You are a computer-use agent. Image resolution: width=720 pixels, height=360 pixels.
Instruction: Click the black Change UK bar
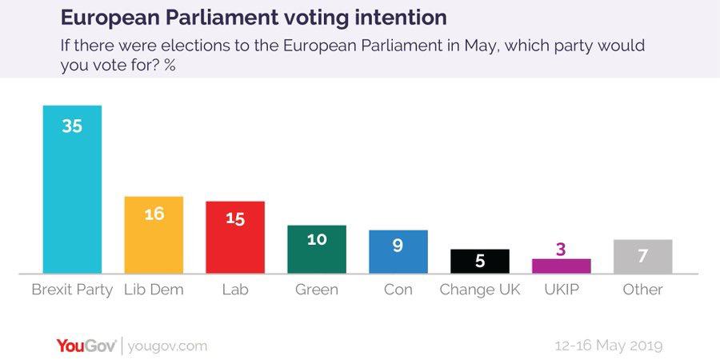(x=480, y=262)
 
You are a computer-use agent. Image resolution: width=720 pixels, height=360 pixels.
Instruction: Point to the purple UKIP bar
(x=562, y=266)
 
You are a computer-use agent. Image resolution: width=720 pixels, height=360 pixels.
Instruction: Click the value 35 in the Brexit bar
(x=72, y=126)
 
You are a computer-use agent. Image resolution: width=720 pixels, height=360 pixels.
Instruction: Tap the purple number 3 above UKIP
(x=562, y=249)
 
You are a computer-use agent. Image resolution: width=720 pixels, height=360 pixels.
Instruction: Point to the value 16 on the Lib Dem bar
(x=154, y=214)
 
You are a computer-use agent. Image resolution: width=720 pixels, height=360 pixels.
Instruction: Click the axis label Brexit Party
(x=72, y=290)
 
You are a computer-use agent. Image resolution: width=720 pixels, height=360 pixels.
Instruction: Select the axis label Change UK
(x=480, y=290)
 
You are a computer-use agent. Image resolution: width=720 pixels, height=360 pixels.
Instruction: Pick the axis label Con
(x=398, y=290)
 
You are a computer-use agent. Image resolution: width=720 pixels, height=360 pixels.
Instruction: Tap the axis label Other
(x=643, y=290)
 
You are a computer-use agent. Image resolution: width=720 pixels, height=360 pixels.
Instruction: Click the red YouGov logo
(x=86, y=346)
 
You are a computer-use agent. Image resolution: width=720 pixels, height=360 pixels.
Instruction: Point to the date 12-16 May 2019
(x=609, y=346)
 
